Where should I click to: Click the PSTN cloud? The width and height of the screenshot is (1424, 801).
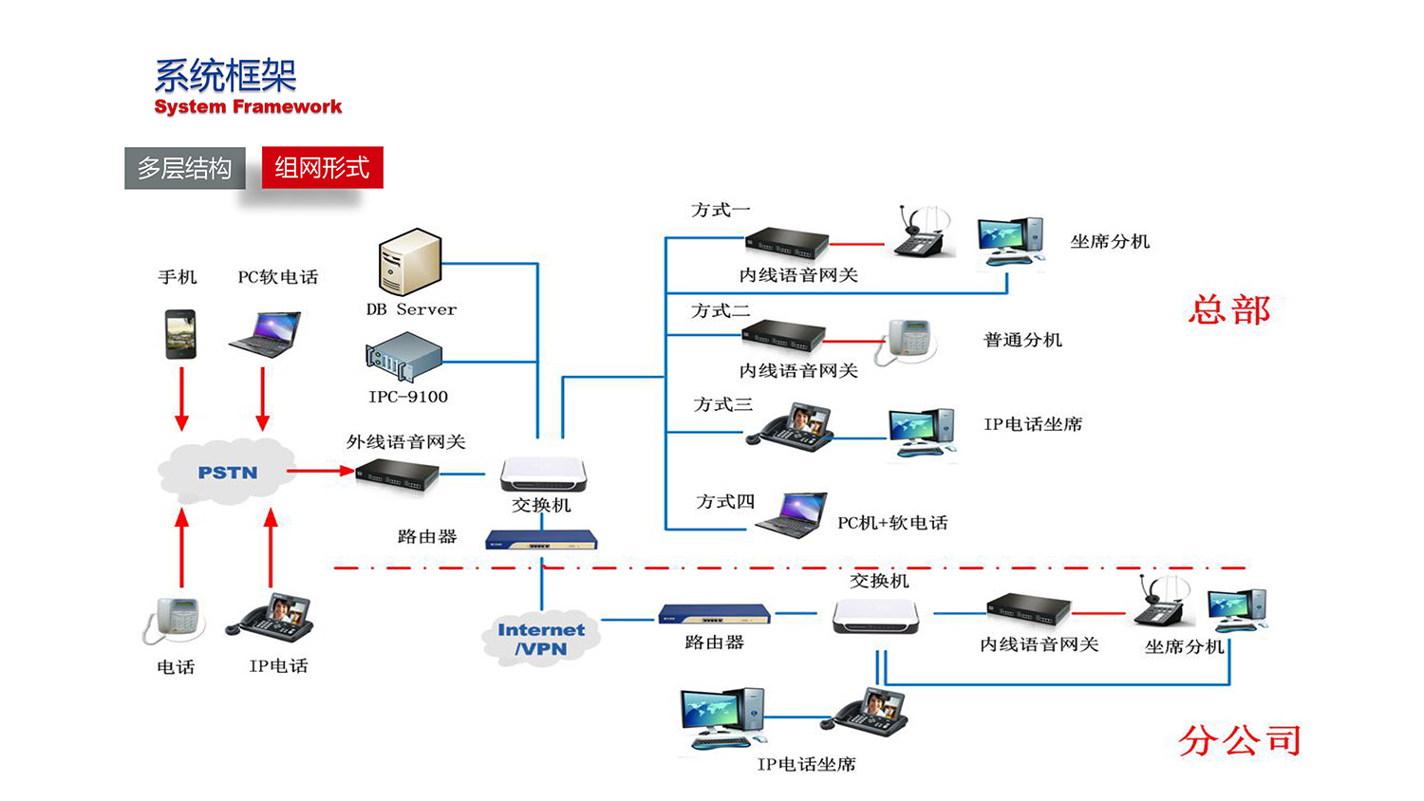(x=227, y=472)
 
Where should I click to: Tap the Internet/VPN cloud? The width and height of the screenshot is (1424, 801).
(x=541, y=639)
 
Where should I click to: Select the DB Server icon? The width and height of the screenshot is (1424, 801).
(x=410, y=262)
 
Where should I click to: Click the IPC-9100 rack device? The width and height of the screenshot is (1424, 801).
(x=404, y=357)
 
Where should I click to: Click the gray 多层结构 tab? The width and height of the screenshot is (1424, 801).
(x=185, y=168)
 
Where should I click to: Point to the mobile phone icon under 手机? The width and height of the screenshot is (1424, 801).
(x=180, y=334)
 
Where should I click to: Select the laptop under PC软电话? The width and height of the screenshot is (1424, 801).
(x=265, y=334)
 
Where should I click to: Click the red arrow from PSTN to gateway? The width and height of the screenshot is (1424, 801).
(x=320, y=470)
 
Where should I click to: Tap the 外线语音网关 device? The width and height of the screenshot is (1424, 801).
(x=397, y=473)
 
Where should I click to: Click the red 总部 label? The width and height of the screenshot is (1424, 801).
(x=1229, y=310)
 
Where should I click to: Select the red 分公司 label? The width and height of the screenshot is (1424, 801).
(x=1240, y=740)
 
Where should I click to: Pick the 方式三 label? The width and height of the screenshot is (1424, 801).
(x=723, y=404)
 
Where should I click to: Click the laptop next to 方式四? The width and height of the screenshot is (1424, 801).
(x=794, y=515)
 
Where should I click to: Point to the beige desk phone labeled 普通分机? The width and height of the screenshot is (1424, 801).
(x=907, y=341)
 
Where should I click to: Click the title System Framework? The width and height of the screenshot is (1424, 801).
(x=248, y=106)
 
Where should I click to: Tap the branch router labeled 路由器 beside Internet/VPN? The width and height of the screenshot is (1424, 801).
(x=714, y=614)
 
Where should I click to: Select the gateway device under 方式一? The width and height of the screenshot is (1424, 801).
(x=786, y=243)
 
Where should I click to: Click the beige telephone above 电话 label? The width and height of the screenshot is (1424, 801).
(x=175, y=621)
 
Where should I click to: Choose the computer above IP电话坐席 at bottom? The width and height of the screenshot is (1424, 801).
(x=722, y=717)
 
